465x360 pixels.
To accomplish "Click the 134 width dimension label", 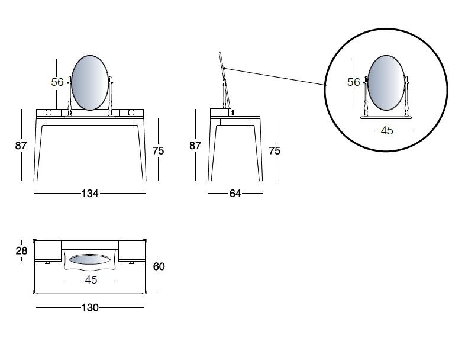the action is click(x=90, y=194).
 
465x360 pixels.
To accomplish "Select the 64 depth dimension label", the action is click(x=235, y=194).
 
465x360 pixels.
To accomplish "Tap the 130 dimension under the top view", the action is click(x=90, y=307).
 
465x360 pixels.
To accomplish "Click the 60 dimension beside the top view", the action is click(x=159, y=266).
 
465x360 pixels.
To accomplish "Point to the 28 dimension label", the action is click(x=21, y=251).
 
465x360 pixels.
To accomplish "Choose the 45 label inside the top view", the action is click(x=91, y=280).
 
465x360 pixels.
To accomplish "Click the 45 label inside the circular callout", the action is click(x=387, y=131).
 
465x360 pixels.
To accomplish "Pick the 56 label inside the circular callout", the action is click(x=354, y=82).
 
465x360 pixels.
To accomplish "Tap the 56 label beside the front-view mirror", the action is click(x=57, y=82).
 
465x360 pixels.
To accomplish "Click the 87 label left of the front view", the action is click(x=21, y=146).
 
